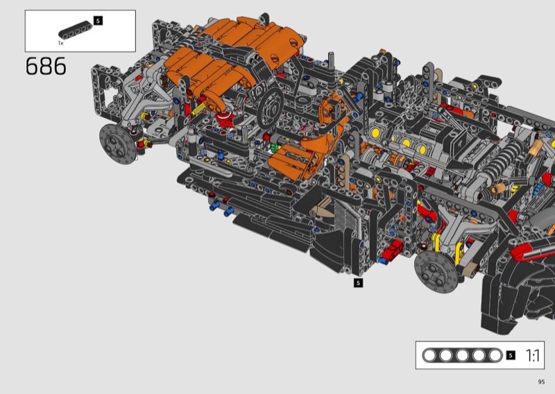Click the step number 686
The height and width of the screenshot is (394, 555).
click(46, 66)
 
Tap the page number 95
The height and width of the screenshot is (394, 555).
click(541, 382)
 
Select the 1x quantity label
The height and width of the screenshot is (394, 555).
click(61, 43)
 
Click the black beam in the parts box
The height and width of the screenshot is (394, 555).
click(76, 30)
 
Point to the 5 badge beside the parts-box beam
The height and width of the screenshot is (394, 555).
click(98, 21)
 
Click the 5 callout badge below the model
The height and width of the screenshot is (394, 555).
click(358, 282)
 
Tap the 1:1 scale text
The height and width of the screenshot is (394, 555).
click(532, 355)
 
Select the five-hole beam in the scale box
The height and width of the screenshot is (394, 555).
click(462, 355)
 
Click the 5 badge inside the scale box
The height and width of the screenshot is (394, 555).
click(511, 355)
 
